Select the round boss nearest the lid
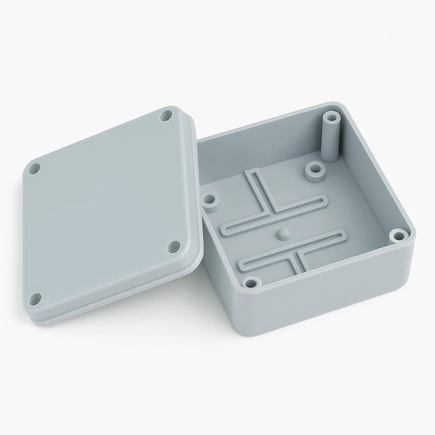pyautogui.click(x=209, y=200)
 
